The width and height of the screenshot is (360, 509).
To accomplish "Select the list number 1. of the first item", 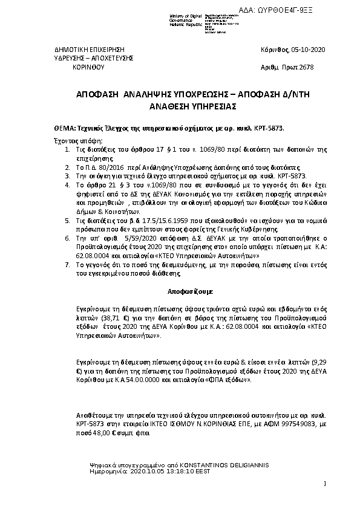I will [x=67, y=148].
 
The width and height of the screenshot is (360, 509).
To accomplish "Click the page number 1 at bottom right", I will [x=325, y=484].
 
